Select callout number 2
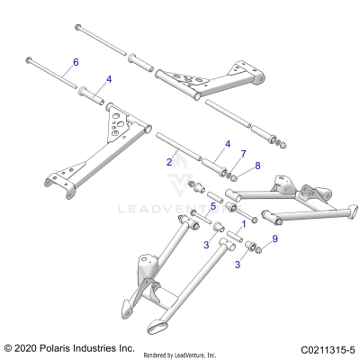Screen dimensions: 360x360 coord(168,162)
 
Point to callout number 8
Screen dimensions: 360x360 coord(257,166)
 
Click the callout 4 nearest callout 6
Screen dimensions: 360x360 coord(109,78)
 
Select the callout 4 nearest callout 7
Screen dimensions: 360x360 coord(227,143)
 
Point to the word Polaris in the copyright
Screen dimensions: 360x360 coord(64,346)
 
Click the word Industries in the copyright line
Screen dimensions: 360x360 coord(111,346)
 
